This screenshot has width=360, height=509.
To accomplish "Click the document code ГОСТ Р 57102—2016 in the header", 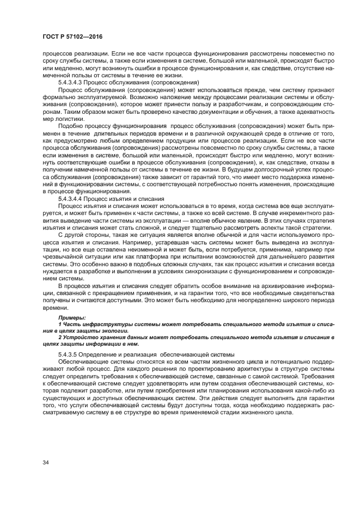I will tap(72, 36).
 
